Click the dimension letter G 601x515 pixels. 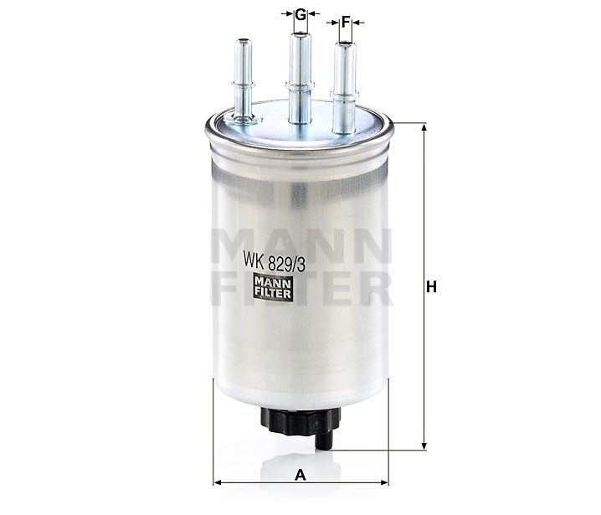[x=300, y=14]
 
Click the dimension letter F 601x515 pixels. [x=346, y=23]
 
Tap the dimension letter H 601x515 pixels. [x=431, y=286]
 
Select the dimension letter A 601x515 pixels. [x=300, y=475]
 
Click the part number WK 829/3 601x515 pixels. [x=274, y=264]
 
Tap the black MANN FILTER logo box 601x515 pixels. [x=273, y=288]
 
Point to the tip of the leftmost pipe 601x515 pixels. [x=243, y=40]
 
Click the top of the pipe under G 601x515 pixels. [x=300, y=35]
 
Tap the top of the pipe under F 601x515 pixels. [x=346, y=44]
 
